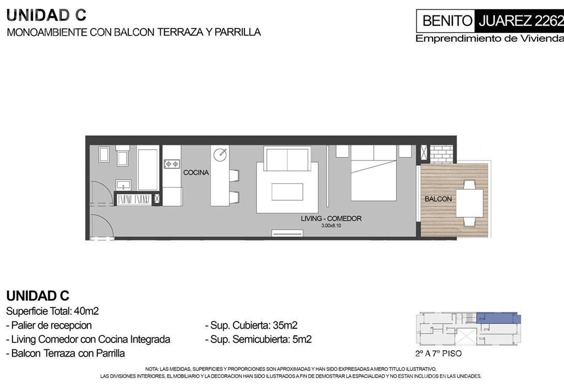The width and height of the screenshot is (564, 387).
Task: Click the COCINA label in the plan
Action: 196,172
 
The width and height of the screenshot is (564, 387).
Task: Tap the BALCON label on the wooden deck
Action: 438,199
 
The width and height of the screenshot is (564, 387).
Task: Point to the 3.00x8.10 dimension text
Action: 331,226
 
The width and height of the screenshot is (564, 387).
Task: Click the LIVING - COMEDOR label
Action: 331,218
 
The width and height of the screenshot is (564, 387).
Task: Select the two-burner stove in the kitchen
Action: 172,164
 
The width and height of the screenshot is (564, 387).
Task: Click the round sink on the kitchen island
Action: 220,155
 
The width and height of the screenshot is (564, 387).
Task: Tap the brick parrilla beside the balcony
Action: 441,154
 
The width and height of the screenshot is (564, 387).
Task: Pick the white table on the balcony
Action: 469,203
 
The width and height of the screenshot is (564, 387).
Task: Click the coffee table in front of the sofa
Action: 287,192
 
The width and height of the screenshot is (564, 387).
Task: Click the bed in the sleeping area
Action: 374,173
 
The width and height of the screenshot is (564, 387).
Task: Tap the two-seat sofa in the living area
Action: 287,159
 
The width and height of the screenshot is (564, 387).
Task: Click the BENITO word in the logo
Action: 447,21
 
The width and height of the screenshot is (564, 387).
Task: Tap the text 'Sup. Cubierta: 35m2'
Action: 251,325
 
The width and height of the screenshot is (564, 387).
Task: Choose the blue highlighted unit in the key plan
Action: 498,318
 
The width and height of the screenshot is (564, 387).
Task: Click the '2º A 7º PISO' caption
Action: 438,353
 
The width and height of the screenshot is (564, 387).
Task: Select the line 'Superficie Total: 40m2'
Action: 53,311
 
